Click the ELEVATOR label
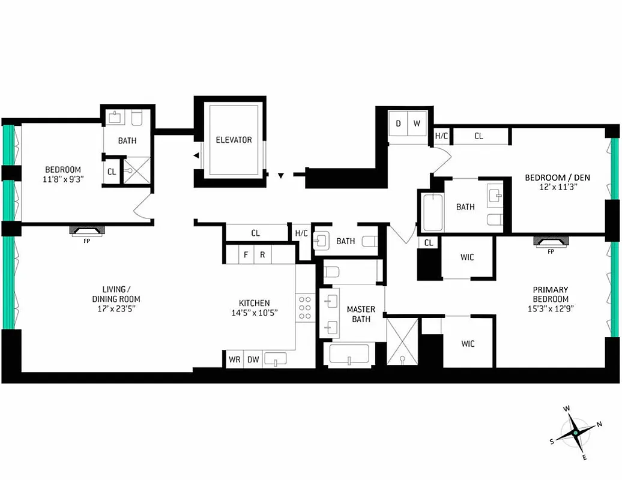tap(234, 140)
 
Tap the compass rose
tap(575, 432)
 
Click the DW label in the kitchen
tap(253, 359)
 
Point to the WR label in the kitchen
tap(234, 359)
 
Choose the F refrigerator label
tap(245, 254)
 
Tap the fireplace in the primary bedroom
tap(551, 242)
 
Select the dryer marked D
tap(398, 124)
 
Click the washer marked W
tap(417, 124)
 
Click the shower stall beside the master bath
tap(401, 341)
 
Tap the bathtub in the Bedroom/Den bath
tap(432, 212)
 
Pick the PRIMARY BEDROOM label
tap(550, 294)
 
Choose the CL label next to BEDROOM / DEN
tap(479, 136)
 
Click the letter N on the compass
tap(599, 424)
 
